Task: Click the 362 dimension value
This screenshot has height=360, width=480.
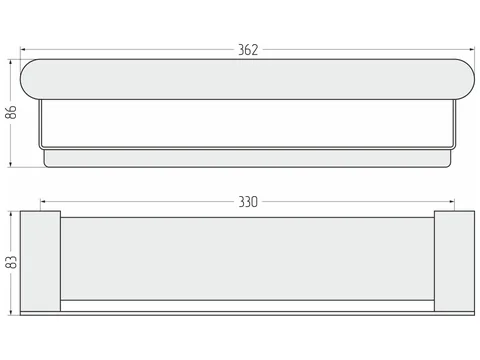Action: [248, 50]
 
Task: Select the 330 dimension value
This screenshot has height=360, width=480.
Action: [248, 202]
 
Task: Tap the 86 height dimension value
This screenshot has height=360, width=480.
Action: [11, 112]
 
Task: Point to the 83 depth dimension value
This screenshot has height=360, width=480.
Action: [11, 262]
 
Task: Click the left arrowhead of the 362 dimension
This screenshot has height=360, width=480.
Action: [23, 50]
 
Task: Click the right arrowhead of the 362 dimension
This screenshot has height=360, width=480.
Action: [472, 50]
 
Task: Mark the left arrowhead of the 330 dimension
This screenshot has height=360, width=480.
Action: [43, 202]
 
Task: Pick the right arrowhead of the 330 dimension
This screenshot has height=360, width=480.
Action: [451, 202]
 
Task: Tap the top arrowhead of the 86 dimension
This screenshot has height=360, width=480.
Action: [11, 62]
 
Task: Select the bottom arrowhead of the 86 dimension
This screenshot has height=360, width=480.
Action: [11, 164]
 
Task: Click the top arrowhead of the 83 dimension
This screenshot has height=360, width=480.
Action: [11, 214]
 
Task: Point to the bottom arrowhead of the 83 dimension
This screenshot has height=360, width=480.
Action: [11, 312]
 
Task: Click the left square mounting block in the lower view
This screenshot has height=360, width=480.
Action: [40, 261]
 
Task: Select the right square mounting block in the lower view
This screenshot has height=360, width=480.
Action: [454, 261]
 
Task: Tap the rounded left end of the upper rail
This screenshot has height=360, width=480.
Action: [27, 79]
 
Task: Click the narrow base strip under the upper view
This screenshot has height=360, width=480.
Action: [247, 158]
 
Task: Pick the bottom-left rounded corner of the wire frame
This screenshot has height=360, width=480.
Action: [41, 147]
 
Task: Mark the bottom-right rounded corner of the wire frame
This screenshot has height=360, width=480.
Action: [454, 147]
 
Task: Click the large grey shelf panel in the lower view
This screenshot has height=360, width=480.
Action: [247, 259]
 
